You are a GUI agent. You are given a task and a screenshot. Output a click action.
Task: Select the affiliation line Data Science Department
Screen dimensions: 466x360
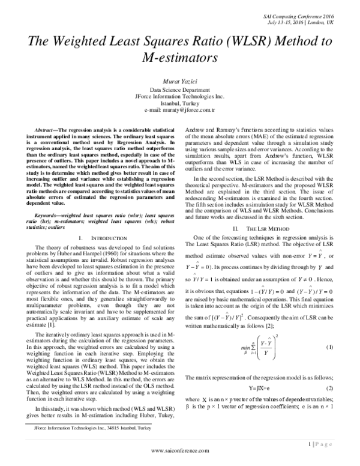180,90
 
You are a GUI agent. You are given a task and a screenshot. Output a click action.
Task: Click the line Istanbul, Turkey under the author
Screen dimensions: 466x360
180,104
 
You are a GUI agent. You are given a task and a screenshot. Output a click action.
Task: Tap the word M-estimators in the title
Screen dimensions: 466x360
180,58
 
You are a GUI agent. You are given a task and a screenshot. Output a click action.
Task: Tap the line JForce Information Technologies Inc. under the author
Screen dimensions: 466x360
180,97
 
